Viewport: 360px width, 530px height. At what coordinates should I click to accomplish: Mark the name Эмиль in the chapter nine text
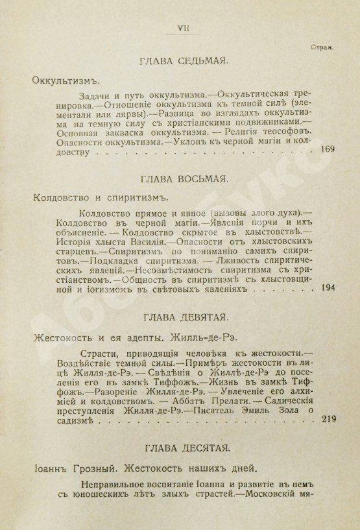coord(265,409)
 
